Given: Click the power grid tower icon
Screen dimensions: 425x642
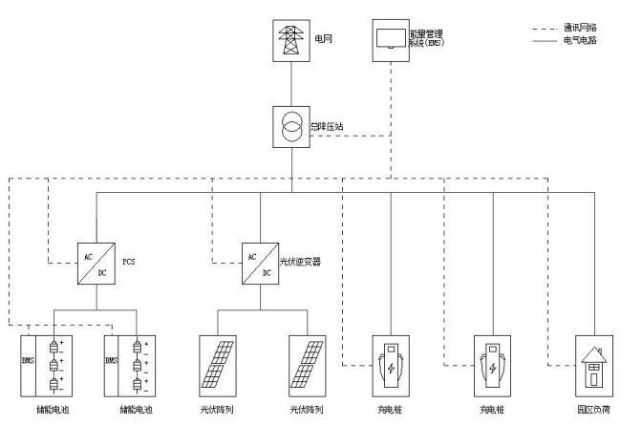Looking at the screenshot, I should (x=290, y=42).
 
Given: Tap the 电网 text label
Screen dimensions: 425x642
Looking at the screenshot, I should (x=324, y=39).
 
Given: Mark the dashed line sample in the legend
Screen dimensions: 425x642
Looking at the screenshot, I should (x=545, y=29).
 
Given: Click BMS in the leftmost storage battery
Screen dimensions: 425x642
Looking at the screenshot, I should (x=28, y=362).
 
